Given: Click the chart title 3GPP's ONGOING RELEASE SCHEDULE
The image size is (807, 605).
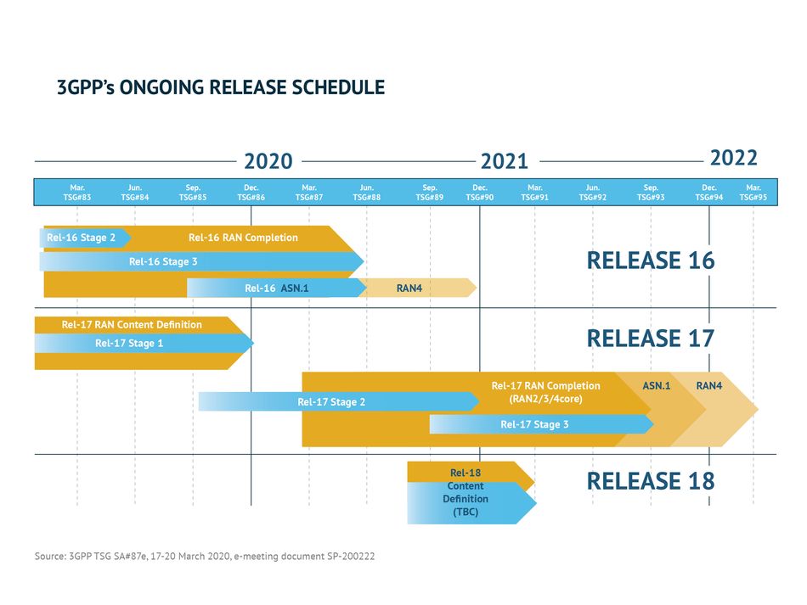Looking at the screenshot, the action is pos(221,87).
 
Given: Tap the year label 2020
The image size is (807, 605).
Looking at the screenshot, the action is pos(268,161).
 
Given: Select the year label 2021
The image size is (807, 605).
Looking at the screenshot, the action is pos(505,161).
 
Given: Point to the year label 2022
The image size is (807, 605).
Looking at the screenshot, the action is pos(734,158).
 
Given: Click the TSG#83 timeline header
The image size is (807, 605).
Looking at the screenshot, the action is pos(77,193).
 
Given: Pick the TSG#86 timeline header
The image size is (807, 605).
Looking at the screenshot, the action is pos(251,193).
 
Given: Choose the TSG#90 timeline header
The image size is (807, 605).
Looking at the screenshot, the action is pos(480,193).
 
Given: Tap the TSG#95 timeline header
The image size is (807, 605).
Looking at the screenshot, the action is pos(753,193).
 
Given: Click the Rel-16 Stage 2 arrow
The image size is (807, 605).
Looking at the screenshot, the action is pos(85,238).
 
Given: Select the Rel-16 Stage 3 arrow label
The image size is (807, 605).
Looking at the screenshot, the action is pos(163,261).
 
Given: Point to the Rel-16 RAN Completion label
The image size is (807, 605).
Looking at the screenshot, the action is pos(243,238).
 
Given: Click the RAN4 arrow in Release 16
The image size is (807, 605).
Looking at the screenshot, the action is pos(418,288).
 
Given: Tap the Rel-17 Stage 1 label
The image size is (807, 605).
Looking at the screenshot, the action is pos(129,344).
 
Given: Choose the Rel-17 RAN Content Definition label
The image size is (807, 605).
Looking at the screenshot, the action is pos(132,324).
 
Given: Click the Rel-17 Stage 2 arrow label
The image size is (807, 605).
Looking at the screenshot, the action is pos(331,402).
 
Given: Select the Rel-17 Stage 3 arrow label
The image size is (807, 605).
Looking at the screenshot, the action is pos(534,424).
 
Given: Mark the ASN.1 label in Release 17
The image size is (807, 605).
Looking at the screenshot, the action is pos(656,385).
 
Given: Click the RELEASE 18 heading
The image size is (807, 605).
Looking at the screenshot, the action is pos(651,481).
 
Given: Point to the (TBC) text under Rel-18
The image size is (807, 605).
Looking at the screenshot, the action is pos(466,512).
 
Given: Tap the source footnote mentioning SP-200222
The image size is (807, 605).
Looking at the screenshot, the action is pos(205,556).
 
